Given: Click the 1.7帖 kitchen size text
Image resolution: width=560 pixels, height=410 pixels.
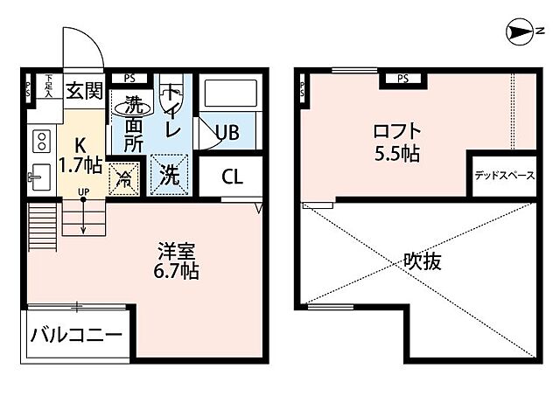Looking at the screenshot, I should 80,163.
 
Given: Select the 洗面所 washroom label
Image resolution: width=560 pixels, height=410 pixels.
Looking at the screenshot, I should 132,125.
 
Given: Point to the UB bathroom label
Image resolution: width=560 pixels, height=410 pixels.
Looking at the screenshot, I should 227,132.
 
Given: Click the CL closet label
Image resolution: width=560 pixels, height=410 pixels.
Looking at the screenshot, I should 232,177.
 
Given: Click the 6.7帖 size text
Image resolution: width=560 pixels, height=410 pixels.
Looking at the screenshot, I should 176,271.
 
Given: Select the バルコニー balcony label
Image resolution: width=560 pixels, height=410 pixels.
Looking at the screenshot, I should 77,335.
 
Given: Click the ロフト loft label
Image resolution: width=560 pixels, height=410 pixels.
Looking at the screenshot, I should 395,133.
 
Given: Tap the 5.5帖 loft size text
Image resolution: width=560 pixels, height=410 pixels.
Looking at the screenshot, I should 395,155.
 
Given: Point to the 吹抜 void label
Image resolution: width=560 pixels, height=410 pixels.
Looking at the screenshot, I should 422,260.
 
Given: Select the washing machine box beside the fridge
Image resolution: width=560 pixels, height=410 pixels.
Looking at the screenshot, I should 169,172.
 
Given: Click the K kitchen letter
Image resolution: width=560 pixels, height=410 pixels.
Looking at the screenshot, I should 79,144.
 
